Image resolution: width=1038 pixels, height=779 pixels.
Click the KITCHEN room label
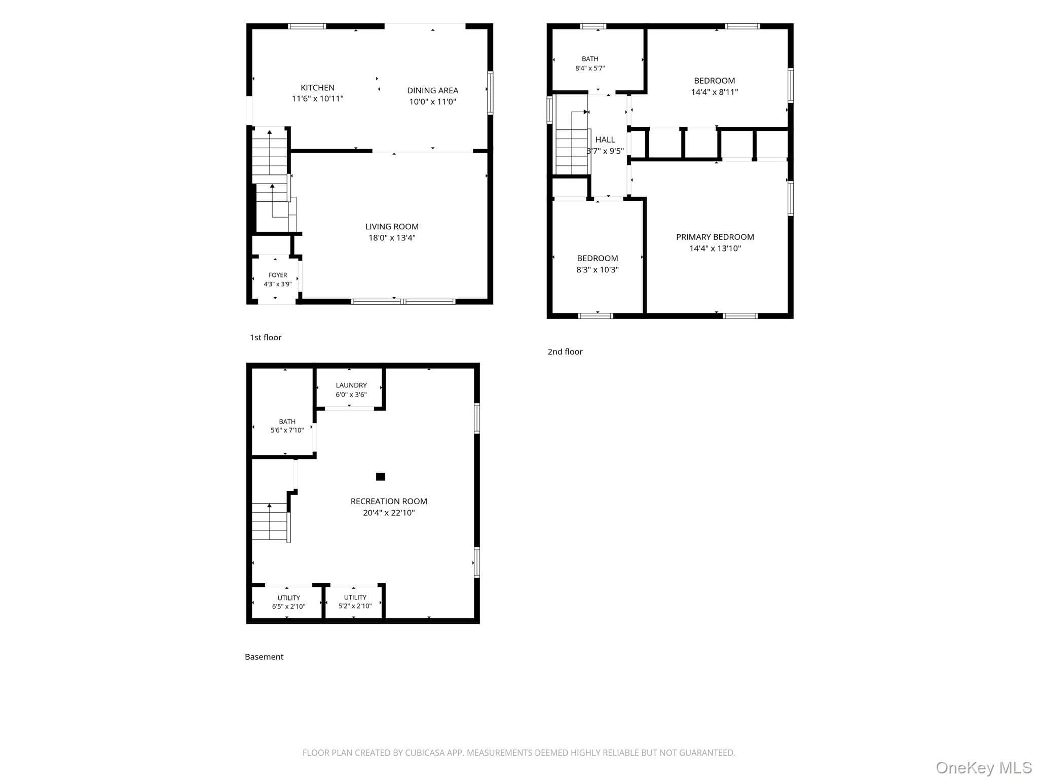(x=317, y=88)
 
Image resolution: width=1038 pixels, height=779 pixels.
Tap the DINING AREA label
(x=432, y=90)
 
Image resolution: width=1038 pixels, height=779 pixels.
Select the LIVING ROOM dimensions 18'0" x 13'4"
(x=392, y=238)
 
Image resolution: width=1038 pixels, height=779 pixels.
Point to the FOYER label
(x=278, y=275)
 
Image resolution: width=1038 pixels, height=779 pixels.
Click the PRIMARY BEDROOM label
(x=715, y=237)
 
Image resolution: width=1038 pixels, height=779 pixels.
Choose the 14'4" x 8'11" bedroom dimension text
(x=714, y=92)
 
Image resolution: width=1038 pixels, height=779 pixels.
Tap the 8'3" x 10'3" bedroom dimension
(x=597, y=270)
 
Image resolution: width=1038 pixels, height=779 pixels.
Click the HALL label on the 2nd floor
(x=605, y=139)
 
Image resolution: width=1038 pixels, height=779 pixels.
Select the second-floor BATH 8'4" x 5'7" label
(x=590, y=63)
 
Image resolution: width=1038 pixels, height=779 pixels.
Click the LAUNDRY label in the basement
(x=351, y=385)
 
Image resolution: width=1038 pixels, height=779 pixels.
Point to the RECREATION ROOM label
(x=389, y=501)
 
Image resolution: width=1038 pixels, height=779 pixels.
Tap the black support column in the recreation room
(x=381, y=476)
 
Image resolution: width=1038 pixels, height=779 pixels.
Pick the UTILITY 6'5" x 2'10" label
(x=288, y=602)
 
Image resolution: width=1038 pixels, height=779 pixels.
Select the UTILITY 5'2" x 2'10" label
(x=355, y=601)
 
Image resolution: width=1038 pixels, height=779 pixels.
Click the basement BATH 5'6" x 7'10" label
(x=287, y=426)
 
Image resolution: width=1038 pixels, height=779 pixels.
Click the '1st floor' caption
(x=266, y=337)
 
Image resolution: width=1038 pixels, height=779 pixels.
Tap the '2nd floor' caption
(x=565, y=351)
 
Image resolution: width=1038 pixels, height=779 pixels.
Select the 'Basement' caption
(x=264, y=657)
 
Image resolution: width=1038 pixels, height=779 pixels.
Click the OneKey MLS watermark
(x=984, y=768)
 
